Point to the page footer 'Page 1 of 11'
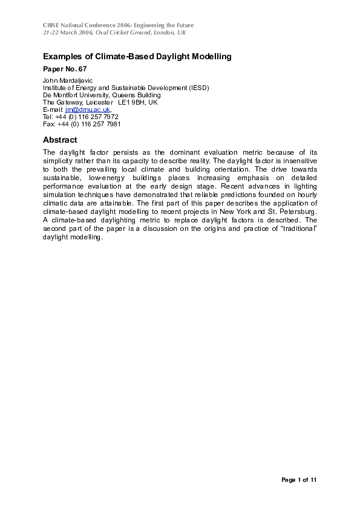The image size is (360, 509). tap(299, 480)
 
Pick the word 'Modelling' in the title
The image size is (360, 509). tap(205, 57)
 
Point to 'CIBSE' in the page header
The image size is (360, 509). tap(53, 24)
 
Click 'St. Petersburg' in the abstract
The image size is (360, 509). tap(295, 213)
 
